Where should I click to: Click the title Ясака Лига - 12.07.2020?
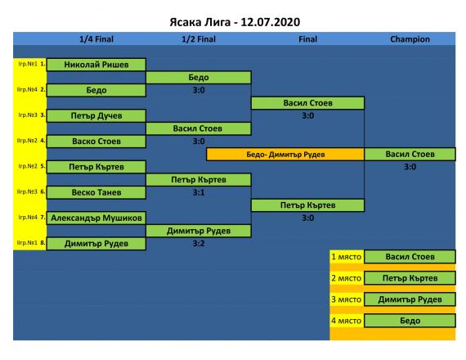coord(235,22)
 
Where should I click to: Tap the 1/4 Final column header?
coord(96,39)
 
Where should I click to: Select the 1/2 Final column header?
coord(199,39)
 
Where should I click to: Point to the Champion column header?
coord(410,39)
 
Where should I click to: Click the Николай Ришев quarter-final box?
coord(96,65)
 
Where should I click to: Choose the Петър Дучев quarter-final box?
coord(96,115)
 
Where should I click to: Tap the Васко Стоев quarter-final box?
coord(96,142)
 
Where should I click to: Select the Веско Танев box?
coord(96,192)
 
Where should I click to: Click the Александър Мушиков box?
coord(96,218)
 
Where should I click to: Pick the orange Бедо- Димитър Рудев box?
coord(285,155)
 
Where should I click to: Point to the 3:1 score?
coord(199,192)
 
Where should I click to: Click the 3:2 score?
coord(199,244)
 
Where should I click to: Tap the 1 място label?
coord(347,257)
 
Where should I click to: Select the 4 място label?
coord(347,321)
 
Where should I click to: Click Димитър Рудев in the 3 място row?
coord(410,299)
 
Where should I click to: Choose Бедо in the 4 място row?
coord(410,321)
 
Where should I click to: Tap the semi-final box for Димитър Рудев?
coord(199,231)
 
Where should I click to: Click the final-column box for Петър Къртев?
coord(308,205)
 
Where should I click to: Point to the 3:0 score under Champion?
coord(410,167)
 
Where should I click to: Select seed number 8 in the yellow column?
coord(43,243)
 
